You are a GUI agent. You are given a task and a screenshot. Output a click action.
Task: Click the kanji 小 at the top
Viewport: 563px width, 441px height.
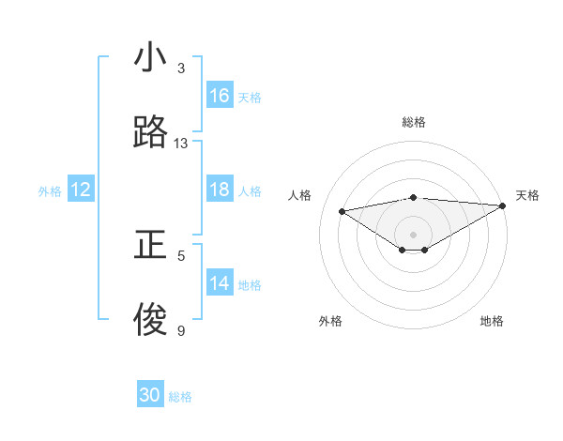150,58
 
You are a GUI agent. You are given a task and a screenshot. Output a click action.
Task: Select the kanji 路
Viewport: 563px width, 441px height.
150,133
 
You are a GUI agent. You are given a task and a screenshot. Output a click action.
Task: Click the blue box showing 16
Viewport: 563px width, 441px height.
220,96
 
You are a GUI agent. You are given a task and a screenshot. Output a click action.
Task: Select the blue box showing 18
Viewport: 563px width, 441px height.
220,190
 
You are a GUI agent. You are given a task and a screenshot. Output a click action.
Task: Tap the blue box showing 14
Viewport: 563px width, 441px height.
220,284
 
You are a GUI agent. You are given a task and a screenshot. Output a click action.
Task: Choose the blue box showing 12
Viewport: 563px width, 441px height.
81,190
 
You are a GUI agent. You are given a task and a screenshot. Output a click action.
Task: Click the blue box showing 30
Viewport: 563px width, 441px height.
150,395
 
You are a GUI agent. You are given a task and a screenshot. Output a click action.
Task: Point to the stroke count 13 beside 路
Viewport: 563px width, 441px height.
181,144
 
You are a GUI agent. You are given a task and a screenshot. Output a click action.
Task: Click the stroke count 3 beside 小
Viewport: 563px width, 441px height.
181,68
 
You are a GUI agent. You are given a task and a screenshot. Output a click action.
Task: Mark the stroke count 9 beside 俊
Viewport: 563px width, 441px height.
181,330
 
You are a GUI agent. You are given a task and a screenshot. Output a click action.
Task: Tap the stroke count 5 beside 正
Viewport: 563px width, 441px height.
181,255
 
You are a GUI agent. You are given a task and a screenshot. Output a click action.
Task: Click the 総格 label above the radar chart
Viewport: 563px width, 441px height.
414,122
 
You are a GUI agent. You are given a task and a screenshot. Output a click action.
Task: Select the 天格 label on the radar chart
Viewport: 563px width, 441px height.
527,195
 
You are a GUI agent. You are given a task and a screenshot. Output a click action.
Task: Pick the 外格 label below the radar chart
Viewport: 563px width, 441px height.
330,321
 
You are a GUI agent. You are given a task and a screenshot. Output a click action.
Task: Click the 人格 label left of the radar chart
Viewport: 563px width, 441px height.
300,195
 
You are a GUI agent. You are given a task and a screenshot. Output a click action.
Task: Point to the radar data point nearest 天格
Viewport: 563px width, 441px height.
503,205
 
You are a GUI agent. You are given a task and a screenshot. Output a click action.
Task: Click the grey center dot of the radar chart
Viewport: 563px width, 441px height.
414,234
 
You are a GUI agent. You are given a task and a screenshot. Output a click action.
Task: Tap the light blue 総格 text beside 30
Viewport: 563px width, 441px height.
180,397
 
